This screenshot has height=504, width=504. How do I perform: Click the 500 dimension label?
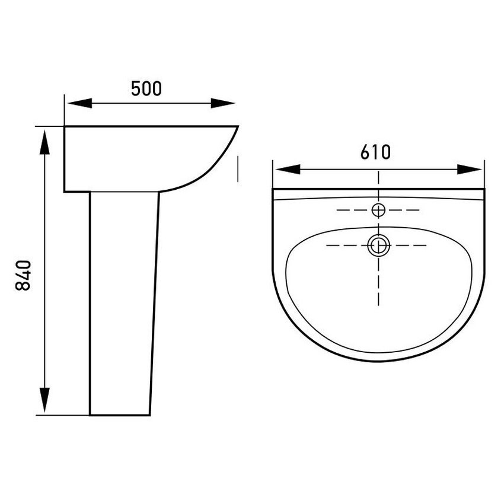(x=146, y=89)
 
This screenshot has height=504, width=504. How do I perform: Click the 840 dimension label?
(x=23, y=276)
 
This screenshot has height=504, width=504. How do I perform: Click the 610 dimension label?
(x=375, y=152)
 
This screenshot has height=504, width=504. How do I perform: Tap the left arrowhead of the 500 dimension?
(x=79, y=103)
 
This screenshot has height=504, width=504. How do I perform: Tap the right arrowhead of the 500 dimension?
(x=223, y=103)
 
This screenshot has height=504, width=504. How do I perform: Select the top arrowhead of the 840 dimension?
(x=44, y=142)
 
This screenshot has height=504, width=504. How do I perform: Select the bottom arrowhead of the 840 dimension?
(x=44, y=400)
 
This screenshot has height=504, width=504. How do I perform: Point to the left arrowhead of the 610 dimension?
(x=288, y=170)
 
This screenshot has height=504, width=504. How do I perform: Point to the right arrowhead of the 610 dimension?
(x=469, y=170)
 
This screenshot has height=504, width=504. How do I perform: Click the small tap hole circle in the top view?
(x=378, y=210)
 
